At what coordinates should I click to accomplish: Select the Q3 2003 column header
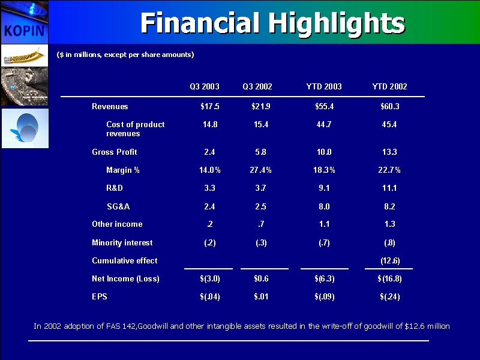pyautogui.click(x=204, y=87)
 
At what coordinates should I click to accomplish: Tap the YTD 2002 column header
pyautogui.click(x=390, y=87)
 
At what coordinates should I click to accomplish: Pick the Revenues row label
pyautogui.click(x=110, y=107)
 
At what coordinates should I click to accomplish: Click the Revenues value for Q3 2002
pyautogui.click(x=261, y=107)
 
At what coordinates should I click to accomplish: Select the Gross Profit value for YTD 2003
pyautogui.click(x=323, y=152)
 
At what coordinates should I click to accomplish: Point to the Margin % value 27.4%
pyautogui.click(x=261, y=170)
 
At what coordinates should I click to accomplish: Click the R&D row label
pyautogui.click(x=116, y=188)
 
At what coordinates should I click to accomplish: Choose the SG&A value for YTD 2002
pyautogui.click(x=389, y=206)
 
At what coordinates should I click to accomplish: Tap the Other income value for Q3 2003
pyautogui.click(x=209, y=224)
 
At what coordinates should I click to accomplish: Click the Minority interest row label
pyautogui.click(x=122, y=243)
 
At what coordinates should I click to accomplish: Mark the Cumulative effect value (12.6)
pyautogui.click(x=390, y=261)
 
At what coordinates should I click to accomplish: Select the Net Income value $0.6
pyautogui.click(x=261, y=279)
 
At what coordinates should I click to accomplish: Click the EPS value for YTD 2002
pyautogui.click(x=389, y=296)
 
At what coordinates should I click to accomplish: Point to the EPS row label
pyautogui.click(x=99, y=296)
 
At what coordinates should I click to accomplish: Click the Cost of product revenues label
pyautogui.click(x=135, y=129)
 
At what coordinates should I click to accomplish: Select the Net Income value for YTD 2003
pyautogui.click(x=324, y=279)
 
